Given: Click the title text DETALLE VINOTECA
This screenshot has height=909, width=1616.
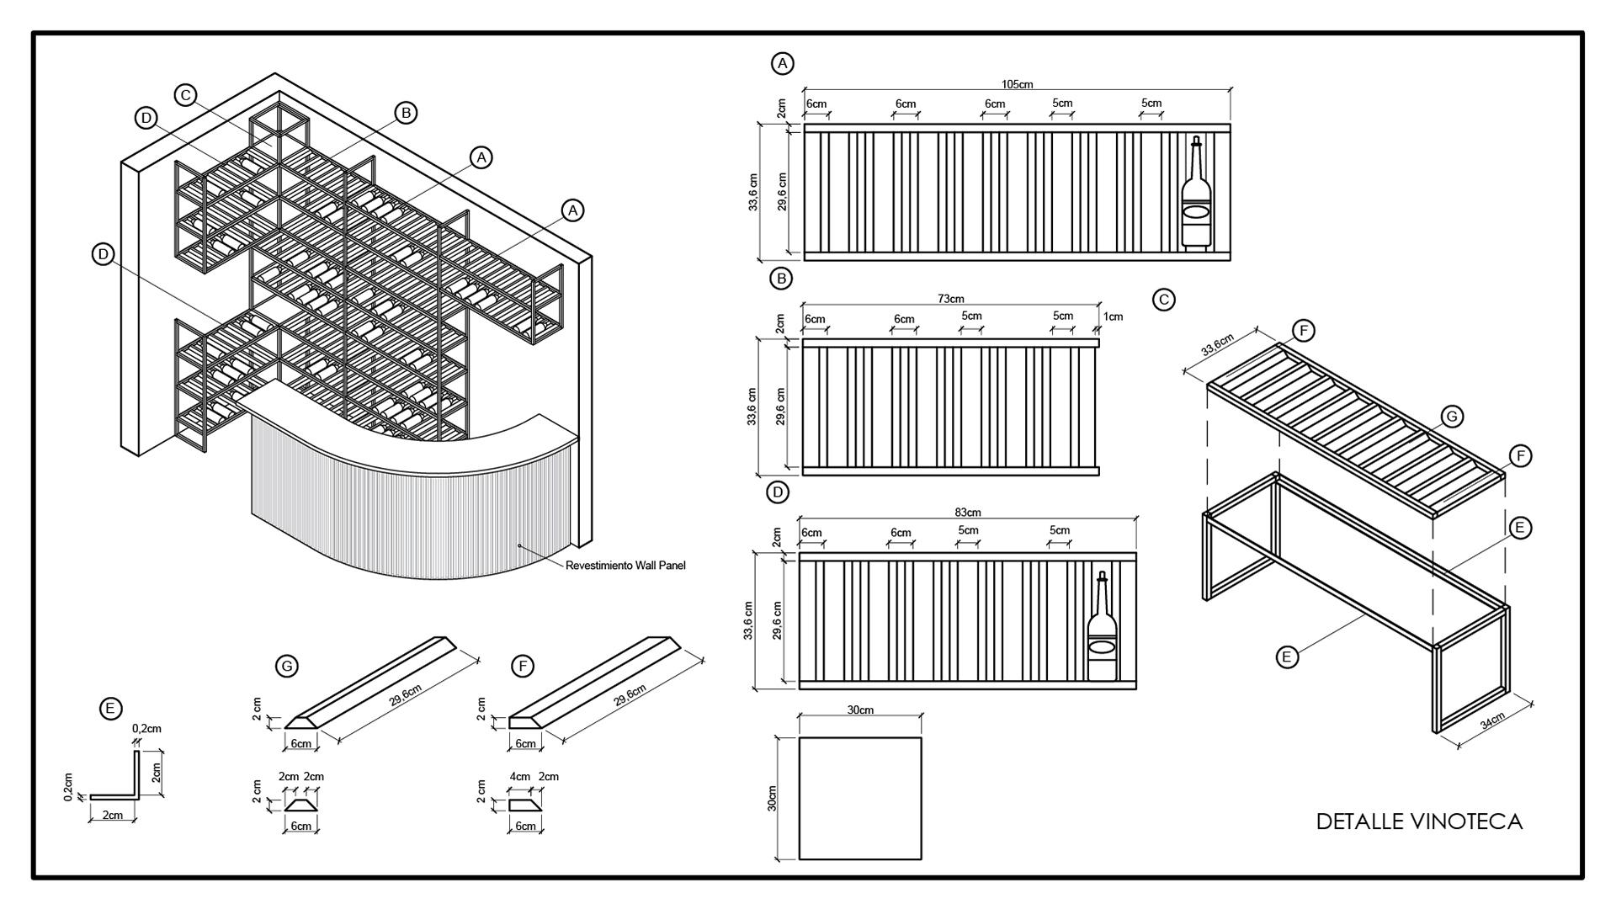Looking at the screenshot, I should [1419, 821].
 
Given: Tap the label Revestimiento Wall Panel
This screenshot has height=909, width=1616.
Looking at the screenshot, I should [625, 566].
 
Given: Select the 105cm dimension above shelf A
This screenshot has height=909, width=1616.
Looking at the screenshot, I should [1017, 84].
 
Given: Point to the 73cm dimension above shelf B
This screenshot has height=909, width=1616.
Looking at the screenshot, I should [950, 299].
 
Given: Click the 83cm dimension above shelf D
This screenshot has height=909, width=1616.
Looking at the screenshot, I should [968, 512].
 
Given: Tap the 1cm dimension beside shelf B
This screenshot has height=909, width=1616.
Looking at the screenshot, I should [1113, 316].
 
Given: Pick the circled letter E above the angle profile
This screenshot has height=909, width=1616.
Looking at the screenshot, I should [110, 709].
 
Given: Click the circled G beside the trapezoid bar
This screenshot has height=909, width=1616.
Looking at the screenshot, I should [287, 667].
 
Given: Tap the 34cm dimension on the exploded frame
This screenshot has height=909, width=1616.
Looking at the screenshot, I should [1492, 722].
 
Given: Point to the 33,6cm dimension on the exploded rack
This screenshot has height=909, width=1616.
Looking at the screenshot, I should [1217, 345].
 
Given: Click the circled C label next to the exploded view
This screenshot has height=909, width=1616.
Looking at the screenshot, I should [1164, 300].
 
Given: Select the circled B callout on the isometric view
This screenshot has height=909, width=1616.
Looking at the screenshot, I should [406, 113].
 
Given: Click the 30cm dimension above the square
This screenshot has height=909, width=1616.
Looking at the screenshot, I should [859, 710].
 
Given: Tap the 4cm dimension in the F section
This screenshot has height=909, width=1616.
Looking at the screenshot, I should [519, 776].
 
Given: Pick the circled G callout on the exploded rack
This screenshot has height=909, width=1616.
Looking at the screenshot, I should [1452, 416].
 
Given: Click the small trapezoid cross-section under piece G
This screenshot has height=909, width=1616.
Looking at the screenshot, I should [300, 805].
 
